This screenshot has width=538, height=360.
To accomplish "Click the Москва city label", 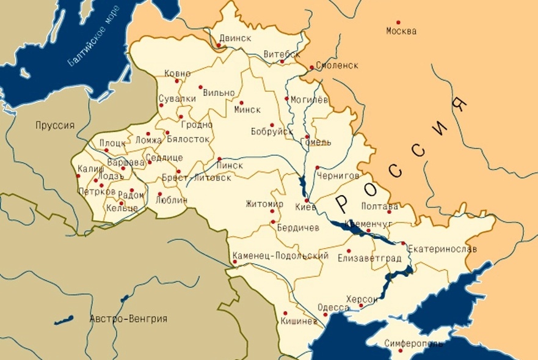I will [x=401, y=31].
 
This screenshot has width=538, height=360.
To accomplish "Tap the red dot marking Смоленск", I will [x=311, y=67].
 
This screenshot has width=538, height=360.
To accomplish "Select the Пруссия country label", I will [x=55, y=125].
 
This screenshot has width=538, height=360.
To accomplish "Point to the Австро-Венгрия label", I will [x=128, y=318].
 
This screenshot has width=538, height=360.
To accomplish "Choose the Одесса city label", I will [x=333, y=307].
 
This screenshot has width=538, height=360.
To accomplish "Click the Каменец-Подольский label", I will [x=280, y=255].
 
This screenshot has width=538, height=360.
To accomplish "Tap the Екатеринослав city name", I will [x=442, y=249].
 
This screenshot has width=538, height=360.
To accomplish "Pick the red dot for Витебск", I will [x=282, y=61].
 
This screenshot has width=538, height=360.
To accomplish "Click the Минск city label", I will [x=247, y=110].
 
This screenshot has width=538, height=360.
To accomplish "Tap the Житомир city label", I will [x=264, y=204].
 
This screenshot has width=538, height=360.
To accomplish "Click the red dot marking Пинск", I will [x=219, y=159].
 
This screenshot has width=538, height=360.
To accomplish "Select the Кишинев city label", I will [x=299, y=321].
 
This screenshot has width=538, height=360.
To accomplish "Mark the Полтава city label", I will [x=380, y=206].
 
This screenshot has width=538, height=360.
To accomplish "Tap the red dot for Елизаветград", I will [x=349, y=251].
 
